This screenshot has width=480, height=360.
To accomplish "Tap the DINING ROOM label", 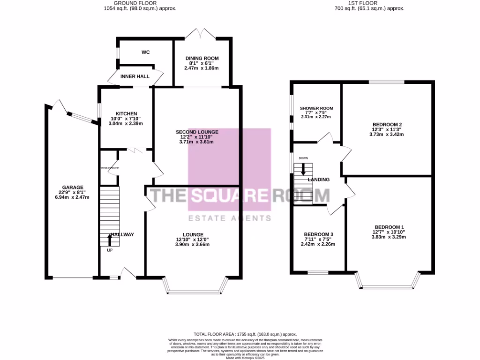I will (x=202, y=58).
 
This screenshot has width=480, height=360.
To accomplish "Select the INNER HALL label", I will (x=135, y=76).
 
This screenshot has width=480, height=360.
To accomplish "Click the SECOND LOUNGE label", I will (x=196, y=132).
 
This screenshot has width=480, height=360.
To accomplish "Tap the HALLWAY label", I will (x=122, y=234).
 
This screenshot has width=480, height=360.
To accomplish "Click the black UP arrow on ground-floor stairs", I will (x=110, y=240).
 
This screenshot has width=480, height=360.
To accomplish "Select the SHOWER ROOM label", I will (x=317, y=108).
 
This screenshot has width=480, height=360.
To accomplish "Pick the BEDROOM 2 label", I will (x=387, y=124).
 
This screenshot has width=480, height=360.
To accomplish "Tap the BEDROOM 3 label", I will (x=318, y=234).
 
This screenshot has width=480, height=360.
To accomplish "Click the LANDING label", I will (x=319, y=180).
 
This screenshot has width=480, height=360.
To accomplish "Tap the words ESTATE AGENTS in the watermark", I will (x=229, y=218).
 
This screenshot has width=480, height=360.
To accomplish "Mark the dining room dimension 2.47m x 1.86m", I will (x=202, y=68).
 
